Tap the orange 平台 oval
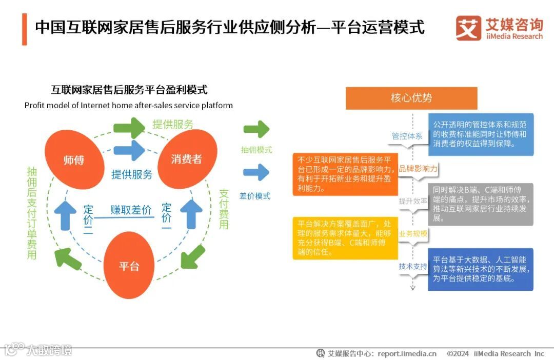129,266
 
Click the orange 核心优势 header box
411,98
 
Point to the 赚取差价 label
131,210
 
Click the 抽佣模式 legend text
256,150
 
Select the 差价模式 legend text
255,195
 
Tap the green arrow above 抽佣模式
256,129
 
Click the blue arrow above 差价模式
256,173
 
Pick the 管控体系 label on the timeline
407,136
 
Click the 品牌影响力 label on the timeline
418,169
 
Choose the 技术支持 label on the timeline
413,267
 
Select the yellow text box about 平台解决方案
345,238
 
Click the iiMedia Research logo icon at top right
468,29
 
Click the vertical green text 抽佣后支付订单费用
32,213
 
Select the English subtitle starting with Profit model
128,106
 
